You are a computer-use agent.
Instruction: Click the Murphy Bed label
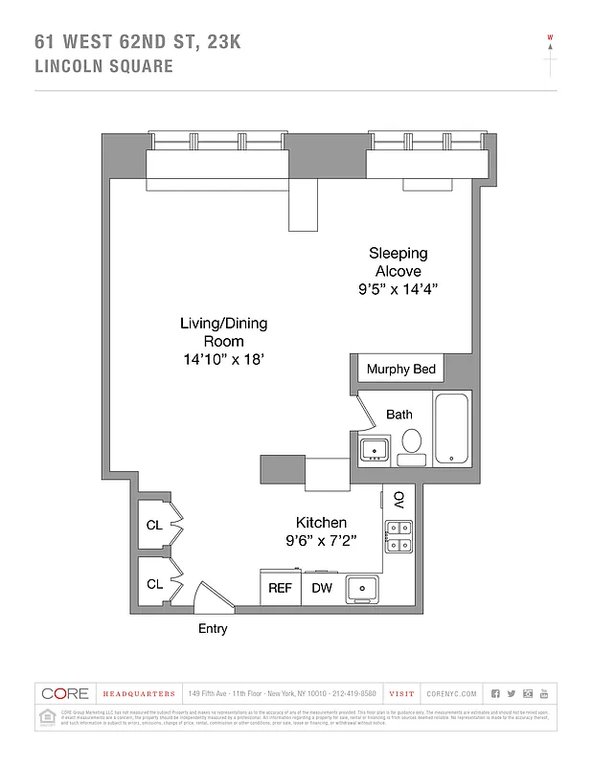pos(401,370)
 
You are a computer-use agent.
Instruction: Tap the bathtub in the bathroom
pos(451,430)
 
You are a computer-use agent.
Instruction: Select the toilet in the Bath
pos(412,442)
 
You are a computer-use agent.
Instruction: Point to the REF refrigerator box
pos(280,588)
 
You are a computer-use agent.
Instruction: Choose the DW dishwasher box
pos(322,588)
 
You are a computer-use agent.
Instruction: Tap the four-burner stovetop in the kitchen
pos(398,536)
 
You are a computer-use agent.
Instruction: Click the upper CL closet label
pos(154,525)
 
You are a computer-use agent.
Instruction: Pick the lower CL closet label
pos(154,583)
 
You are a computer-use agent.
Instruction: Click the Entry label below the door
pos(213,629)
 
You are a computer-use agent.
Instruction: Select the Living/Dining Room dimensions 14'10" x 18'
pos(223,359)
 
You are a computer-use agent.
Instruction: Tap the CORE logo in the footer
pos(64,693)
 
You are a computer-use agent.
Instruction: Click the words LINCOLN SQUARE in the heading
pos(103,66)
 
